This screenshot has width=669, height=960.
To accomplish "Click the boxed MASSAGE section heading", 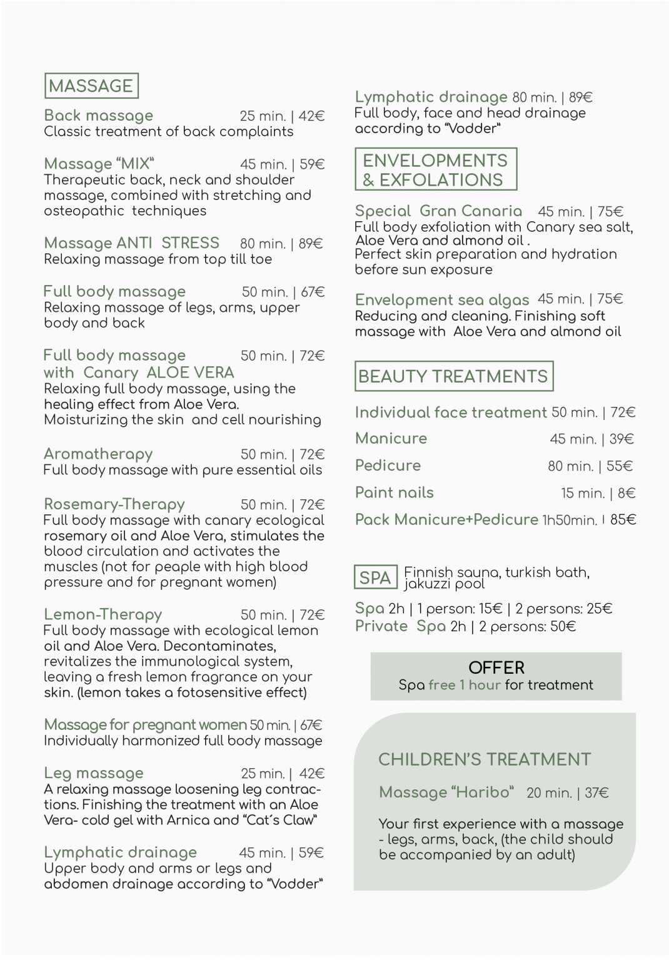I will pyautogui.click(x=91, y=86).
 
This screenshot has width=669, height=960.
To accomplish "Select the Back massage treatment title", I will pyautogui.click(x=98, y=116).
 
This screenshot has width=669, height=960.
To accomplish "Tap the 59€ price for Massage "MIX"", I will pyautogui.click(x=312, y=164).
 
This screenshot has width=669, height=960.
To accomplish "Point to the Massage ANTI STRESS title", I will pyautogui.click(x=131, y=243).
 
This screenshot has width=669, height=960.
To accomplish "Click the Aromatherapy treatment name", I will pyautogui.click(x=98, y=454).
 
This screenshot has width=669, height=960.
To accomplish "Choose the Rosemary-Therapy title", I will pyautogui.click(x=114, y=504).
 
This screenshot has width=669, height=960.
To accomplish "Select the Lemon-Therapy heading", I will pyautogui.click(x=103, y=615).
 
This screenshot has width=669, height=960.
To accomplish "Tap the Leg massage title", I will pyautogui.click(x=94, y=774).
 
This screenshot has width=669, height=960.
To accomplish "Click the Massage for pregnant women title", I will pyautogui.click(x=145, y=725).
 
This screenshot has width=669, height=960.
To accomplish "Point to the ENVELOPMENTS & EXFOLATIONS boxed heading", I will pyautogui.click(x=436, y=169).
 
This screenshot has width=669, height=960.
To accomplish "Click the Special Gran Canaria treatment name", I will pyautogui.click(x=438, y=211).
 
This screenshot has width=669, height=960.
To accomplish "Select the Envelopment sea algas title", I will pyautogui.click(x=441, y=300).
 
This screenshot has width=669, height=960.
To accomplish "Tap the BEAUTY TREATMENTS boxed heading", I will pyautogui.click(x=453, y=376).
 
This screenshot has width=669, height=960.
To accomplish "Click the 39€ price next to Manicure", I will pyautogui.click(x=621, y=439).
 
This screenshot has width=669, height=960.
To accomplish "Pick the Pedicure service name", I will pyautogui.click(x=388, y=466).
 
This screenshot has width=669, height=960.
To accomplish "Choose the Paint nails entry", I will pyautogui.click(x=394, y=493).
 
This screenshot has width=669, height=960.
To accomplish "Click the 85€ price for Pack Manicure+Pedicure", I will pyautogui.click(x=623, y=520).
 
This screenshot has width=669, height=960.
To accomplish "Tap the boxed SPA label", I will pyautogui.click(x=375, y=578).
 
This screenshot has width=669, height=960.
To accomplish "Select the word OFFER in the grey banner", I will pyautogui.click(x=496, y=667).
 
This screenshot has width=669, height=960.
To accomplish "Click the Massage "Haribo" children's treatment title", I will pyautogui.click(x=446, y=792).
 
